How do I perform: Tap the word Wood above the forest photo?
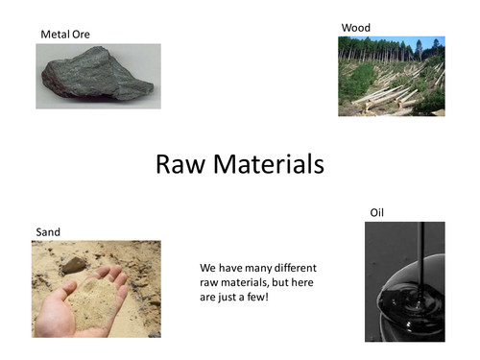point(355,28)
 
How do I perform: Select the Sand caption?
point(48,232)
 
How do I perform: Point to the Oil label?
point(377,212)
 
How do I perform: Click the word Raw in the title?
point(181,164)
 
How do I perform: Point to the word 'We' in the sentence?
point(208,267)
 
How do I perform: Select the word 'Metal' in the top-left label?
point(55,35)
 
